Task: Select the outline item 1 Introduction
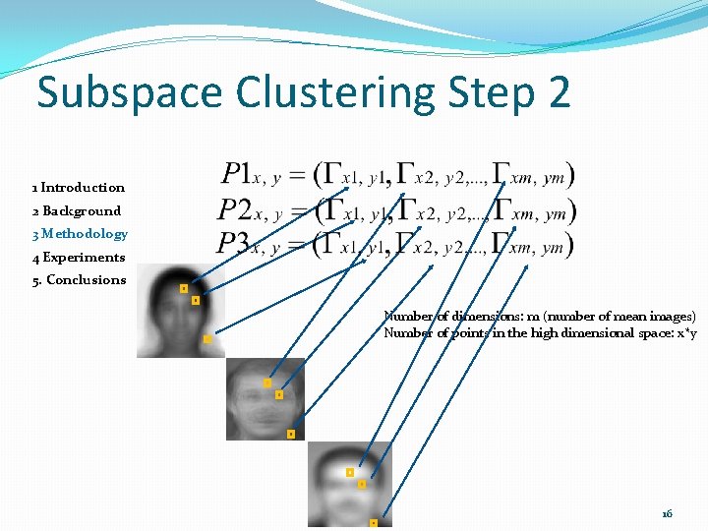click(79, 187)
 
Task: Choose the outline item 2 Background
click(77, 210)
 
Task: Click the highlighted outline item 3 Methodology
click(80, 234)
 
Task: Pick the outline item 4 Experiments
click(79, 258)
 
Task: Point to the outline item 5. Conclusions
click(79, 280)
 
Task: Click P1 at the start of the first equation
click(237, 175)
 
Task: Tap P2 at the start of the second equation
click(235, 209)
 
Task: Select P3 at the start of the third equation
click(235, 243)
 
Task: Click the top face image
click(180, 311)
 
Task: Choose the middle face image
click(265, 398)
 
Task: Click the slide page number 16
click(668, 513)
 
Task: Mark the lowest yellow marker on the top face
click(207, 339)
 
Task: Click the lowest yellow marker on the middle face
click(291, 434)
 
